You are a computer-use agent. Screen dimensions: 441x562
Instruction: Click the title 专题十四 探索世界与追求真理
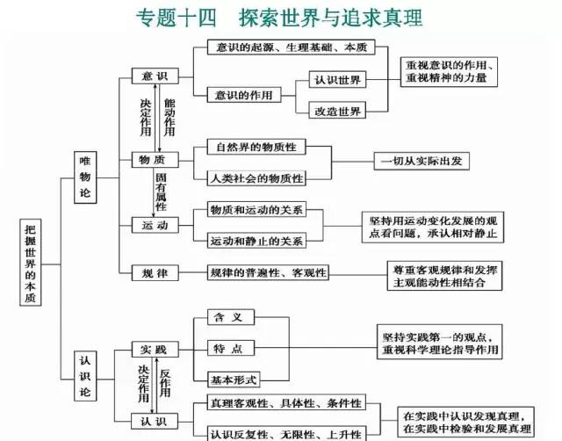point(279,17)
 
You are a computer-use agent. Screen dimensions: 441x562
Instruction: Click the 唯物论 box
point(85,177)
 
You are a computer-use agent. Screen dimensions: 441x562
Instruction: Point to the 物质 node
point(155,161)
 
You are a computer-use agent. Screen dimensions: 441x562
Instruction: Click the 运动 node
point(155,225)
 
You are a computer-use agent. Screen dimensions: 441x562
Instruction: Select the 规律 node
point(155,272)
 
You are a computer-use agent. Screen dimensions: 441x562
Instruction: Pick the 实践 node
point(155,349)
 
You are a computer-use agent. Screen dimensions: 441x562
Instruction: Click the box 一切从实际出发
point(425,161)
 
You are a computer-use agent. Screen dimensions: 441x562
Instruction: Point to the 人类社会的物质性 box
point(256,178)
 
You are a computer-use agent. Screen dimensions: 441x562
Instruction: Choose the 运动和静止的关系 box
point(256,240)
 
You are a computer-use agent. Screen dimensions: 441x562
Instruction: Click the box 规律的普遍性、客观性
point(267,272)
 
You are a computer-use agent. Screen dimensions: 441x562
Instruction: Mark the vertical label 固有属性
point(161,192)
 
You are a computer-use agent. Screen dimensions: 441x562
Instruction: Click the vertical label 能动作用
point(169,114)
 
